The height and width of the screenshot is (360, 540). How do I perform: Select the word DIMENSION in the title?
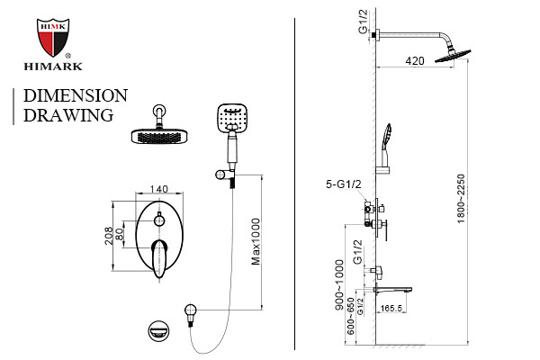coord(75,95)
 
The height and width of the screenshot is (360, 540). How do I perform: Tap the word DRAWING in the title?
coord(67,115)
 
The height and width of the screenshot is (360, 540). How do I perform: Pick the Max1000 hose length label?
coord(257,243)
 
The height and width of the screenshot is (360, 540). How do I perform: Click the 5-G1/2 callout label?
coord(343,185)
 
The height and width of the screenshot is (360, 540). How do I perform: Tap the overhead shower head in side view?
coord(449,55)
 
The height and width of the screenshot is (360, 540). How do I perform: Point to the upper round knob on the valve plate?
coord(159,221)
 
